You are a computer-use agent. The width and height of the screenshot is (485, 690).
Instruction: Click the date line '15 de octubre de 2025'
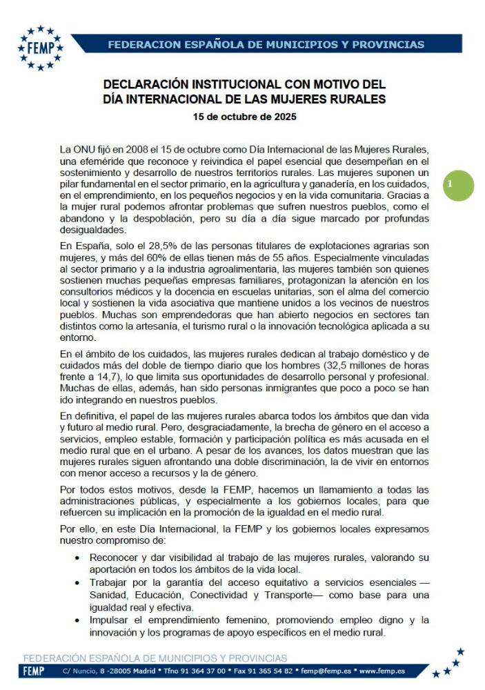click(x=245, y=117)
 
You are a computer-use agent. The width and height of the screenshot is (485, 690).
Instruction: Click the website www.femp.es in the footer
click(x=382, y=671)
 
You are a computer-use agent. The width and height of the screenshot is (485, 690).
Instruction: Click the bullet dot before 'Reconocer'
click(x=79, y=557)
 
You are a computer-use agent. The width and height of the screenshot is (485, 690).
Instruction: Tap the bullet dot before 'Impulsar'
click(x=79, y=620)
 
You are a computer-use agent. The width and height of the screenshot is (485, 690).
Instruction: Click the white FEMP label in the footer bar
click(x=34, y=671)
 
